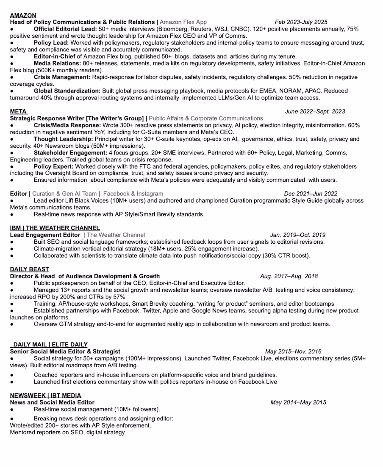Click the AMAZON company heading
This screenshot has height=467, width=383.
(x=23, y=16)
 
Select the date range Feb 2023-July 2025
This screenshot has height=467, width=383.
(x=301, y=22)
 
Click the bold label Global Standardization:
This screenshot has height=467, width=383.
(x=67, y=91)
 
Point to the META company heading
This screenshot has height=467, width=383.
(x=18, y=112)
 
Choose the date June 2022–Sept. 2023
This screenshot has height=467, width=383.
(x=315, y=112)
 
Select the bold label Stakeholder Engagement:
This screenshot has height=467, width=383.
(x=70, y=153)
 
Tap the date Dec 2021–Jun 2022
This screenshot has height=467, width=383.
(x=311, y=194)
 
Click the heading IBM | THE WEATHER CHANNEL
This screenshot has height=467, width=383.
(x=55, y=228)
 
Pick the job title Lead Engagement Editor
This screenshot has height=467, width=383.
(x=45, y=235)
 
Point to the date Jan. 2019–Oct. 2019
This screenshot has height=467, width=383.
(x=298, y=235)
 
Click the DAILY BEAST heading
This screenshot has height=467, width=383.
(x=29, y=269)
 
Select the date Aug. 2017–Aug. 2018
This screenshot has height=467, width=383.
(x=289, y=276)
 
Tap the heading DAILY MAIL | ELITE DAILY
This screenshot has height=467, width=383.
(x=50, y=344)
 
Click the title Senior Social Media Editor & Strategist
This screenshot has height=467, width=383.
(x=65, y=352)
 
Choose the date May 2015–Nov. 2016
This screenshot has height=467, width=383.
(x=293, y=352)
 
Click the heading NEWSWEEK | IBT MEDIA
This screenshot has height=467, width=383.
(x=45, y=396)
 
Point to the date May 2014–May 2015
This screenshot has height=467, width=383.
(x=298, y=402)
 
